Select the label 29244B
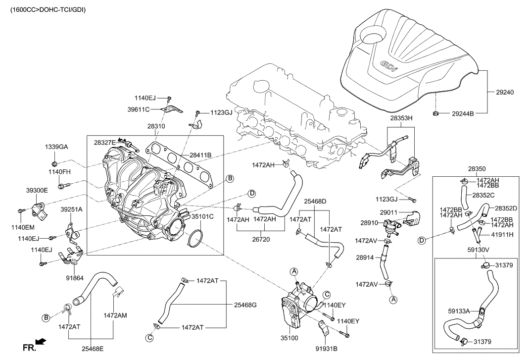[x=463, y=114]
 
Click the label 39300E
[x=37, y=190]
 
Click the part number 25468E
[x=93, y=348]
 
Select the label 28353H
[x=401, y=119]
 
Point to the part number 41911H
[x=503, y=234]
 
